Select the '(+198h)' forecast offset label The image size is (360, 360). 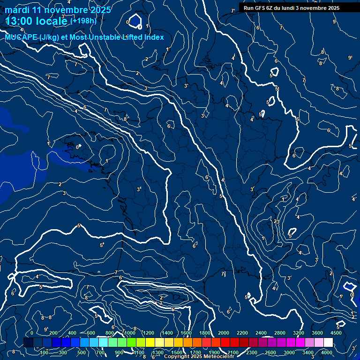coord(83,21)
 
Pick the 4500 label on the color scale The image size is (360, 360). coord(336,333)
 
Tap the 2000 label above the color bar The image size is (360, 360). coord(224,333)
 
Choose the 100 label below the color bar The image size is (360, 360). coord(45,352)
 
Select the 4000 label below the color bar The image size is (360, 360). coord(327,352)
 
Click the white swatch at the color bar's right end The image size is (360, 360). coord(328,343)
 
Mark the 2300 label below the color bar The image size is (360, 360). coord(252,352)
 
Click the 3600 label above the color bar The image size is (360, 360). coord(317,333)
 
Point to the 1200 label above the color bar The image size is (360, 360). coord(148,333)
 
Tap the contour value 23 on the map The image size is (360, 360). coord(277,222)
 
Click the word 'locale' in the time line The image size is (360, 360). coord(54,22)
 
